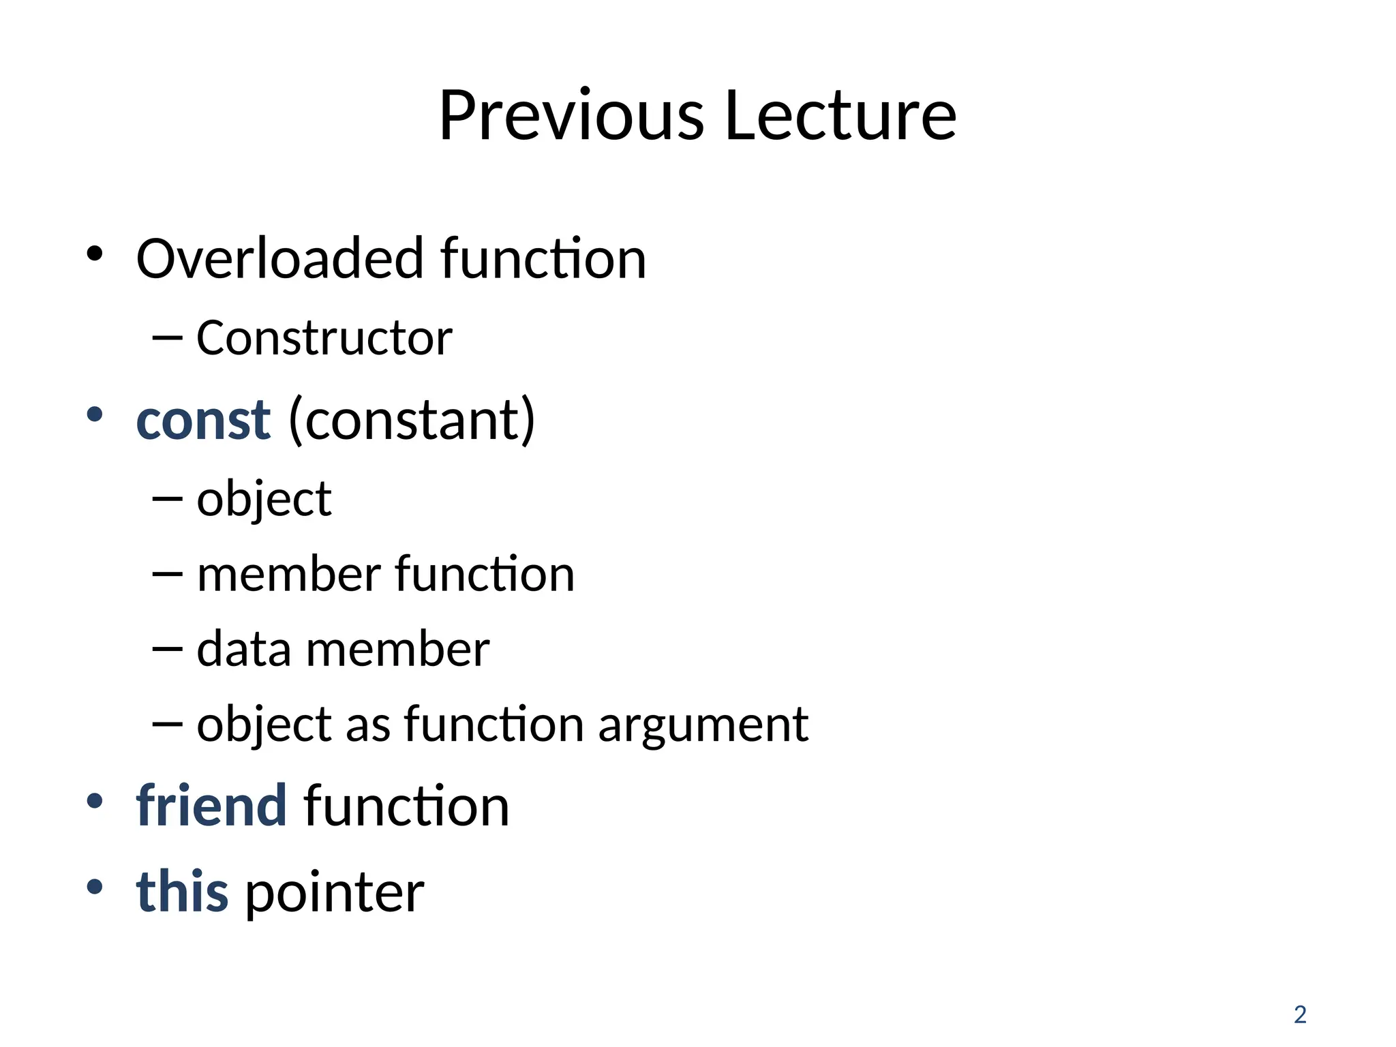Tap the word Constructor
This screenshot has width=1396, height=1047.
coord(324,338)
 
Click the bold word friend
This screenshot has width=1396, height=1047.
coord(211,806)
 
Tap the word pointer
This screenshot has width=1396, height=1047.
coord(335,893)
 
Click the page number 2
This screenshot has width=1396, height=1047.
coord(1300,1015)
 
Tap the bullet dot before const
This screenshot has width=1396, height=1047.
coord(95,414)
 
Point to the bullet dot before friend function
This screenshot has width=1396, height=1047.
coord(95,801)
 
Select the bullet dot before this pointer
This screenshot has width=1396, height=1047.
coord(95,886)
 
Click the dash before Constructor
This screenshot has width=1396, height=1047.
coord(168,337)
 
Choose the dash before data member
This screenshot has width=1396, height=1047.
coord(168,648)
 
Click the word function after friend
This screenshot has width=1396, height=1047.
coord(406,806)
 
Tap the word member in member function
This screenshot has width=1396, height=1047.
coord(288,574)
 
